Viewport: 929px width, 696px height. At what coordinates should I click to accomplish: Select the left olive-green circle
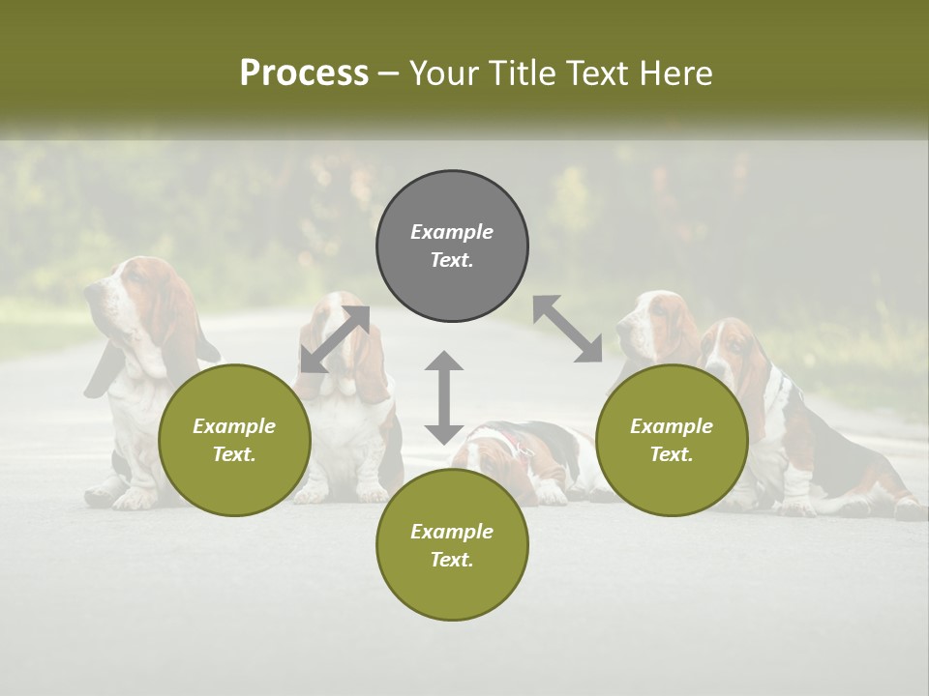[234, 440]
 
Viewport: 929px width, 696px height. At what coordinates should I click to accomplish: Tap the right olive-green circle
[672, 440]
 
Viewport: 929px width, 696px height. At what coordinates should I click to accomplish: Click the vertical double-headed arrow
[444, 397]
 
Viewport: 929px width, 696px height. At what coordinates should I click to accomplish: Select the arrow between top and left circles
[336, 338]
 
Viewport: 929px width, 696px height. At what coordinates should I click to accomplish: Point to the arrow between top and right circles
[567, 329]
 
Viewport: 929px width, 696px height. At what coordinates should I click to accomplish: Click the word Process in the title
[304, 73]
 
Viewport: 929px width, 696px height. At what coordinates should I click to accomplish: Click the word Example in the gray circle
[452, 232]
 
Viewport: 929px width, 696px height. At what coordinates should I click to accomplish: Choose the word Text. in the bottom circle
[452, 560]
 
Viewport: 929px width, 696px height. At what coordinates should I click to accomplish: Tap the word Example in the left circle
[234, 426]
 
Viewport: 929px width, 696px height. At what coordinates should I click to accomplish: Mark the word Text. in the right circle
[672, 454]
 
